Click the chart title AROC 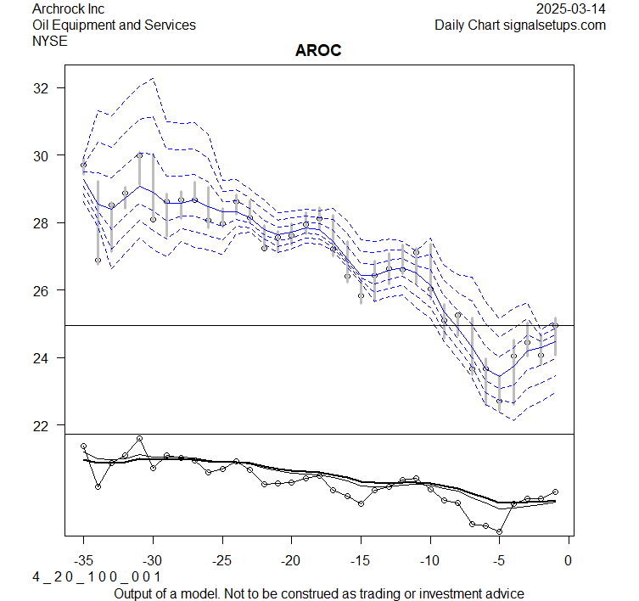click(318, 50)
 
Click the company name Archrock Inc click(69, 9)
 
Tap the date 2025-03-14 click(571, 9)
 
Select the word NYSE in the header click(50, 40)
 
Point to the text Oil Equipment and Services click(114, 25)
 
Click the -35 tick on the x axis click(83, 560)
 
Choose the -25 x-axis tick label click(221, 560)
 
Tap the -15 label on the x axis click(360, 560)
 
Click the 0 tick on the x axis click(568, 560)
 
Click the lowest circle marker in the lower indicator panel click(499, 531)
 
